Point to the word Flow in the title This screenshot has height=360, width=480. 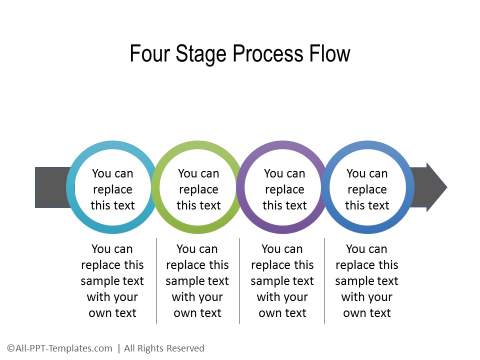329,54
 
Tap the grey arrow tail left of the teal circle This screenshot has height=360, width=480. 49,188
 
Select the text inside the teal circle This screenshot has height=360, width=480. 113,189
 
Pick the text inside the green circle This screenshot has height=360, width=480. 198,189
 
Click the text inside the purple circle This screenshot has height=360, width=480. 284,189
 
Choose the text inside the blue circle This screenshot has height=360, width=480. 368,189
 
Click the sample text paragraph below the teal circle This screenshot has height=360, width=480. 113,281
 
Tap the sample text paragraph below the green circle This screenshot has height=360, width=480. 198,281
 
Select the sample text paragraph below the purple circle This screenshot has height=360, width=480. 284,281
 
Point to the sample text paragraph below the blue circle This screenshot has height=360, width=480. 368,281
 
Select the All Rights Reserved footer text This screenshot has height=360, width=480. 165,348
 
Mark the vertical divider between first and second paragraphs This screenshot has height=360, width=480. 156,281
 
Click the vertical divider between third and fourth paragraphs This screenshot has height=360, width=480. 325,281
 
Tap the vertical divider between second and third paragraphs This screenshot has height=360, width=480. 241,281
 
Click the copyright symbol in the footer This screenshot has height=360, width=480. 9,348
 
